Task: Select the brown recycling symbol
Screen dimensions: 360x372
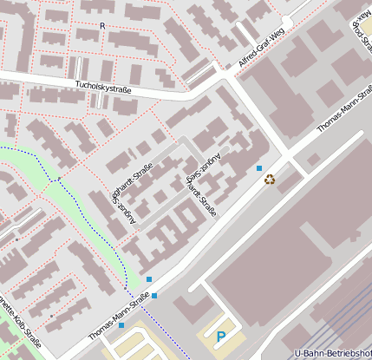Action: tap(271, 180)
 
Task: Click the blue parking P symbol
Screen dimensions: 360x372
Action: tap(221, 336)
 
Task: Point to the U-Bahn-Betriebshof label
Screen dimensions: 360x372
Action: tap(333, 353)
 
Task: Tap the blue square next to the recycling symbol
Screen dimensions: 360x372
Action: tap(259, 167)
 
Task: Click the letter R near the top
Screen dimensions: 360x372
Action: tap(102, 26)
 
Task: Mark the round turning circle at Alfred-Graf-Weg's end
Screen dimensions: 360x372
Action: tap(288, 22)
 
